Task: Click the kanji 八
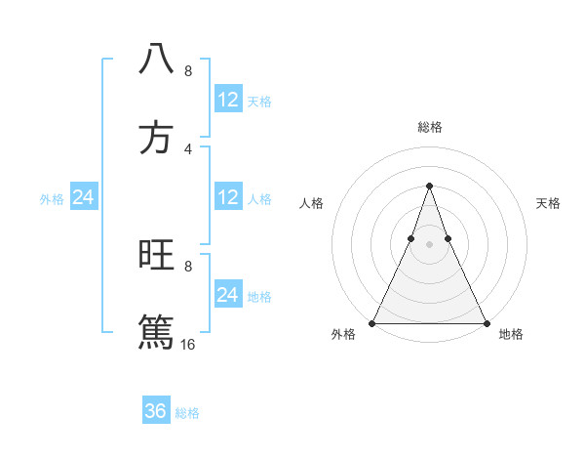(156, 59)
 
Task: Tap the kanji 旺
(156, 255)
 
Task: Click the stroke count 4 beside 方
(188, 149)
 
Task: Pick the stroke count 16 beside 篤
(188, 344)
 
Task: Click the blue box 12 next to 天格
(228, 100)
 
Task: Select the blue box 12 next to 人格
(228, 197)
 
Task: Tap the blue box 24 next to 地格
(228, 295)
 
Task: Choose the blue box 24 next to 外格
(83, 197)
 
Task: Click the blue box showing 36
(156, 411)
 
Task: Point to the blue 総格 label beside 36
(188, 413)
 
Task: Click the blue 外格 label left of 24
(52, 199)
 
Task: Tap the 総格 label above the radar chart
(430, 127)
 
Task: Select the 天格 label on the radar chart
(548, 203)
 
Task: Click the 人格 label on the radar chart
(311, 203)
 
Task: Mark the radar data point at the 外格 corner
(373, 323)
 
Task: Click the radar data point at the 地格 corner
(486, 323)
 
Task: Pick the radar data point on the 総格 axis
(429, 186)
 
